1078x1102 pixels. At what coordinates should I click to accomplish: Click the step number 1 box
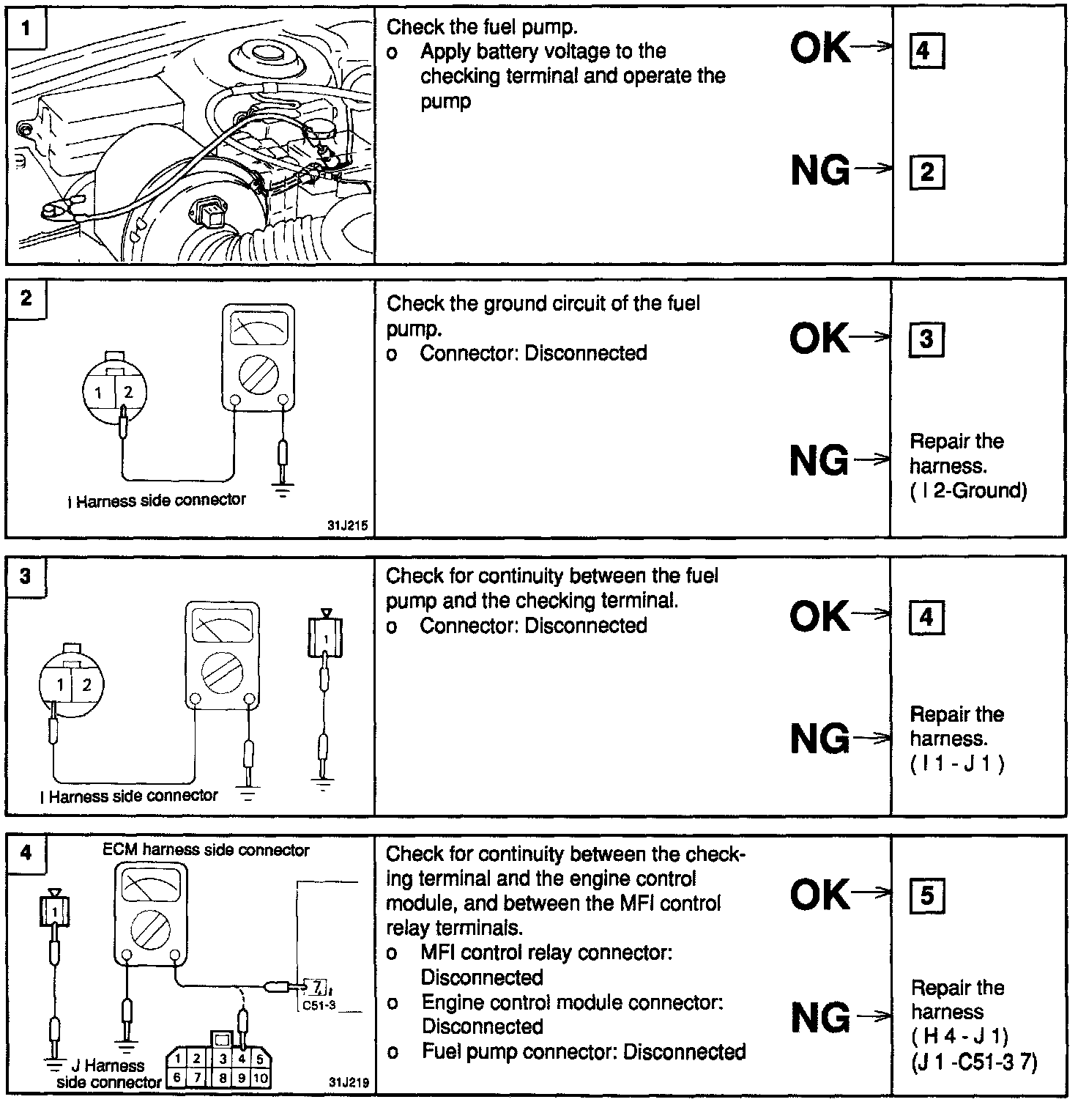tap(26, 29)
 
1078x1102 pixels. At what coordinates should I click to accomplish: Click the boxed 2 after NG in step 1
tap(926, 173)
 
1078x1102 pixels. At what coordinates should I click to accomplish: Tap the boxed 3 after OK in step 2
tap(926, 339)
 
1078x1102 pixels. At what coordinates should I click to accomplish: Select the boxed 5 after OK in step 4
tap(926, 895)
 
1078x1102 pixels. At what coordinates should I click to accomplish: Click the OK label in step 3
tap(820, 616)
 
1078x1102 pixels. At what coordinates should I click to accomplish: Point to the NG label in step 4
tap(820, 1018)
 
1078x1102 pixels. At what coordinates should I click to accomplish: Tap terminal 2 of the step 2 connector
tap(128, 393)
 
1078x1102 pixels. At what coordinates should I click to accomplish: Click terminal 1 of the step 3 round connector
tap(60, 686)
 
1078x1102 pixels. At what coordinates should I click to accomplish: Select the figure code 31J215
tap(348, 525)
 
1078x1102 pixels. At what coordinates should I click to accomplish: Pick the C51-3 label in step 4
tap(319, 1005)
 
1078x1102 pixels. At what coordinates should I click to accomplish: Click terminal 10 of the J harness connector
tap(260, 1078)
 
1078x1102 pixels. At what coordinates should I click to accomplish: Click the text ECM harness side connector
tap(206, 850)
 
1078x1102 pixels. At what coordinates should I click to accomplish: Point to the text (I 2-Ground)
tap(968, 491)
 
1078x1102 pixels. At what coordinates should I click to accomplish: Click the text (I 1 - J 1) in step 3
tap(957, 764)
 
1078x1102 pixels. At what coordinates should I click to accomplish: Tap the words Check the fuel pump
tap(482, 27)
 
